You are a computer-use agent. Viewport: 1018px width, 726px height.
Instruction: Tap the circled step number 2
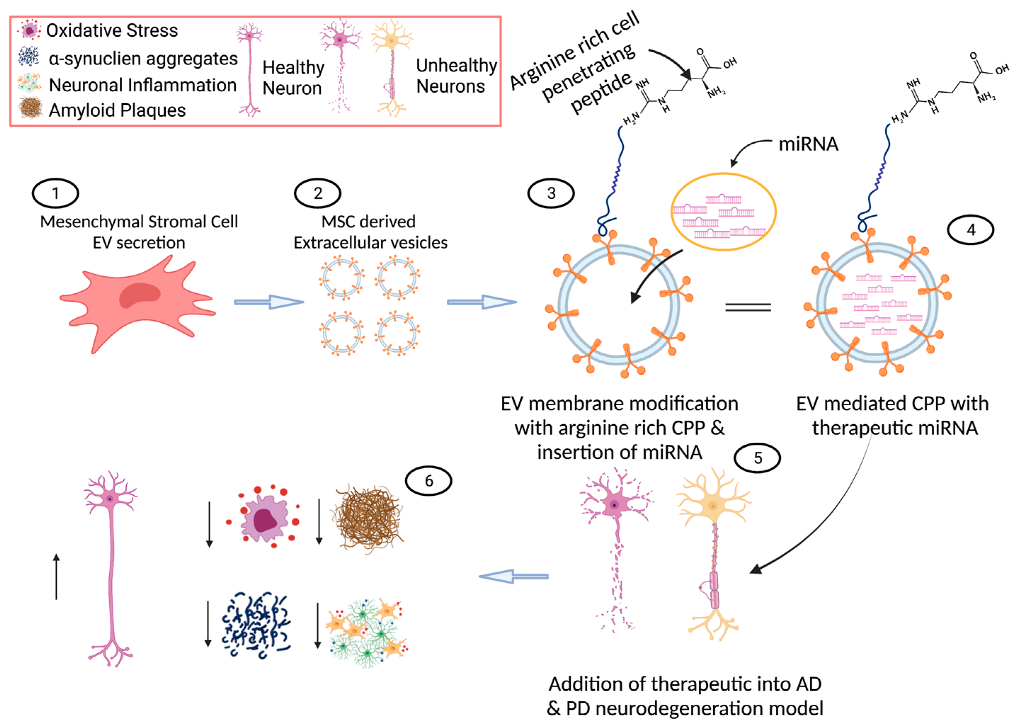(318, 193)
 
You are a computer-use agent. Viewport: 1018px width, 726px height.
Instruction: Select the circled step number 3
(551, 193)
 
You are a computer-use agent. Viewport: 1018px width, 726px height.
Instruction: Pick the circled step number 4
(971, 230)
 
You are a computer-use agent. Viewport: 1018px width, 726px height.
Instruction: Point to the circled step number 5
(758, 458)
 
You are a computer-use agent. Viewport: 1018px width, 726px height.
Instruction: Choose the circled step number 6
(429, 480)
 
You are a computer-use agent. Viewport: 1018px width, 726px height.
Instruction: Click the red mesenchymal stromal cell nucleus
(139, 295)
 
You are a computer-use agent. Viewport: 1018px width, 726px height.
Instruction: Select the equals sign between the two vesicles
(748, 307)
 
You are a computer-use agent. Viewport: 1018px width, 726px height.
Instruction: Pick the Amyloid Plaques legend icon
(30, 109)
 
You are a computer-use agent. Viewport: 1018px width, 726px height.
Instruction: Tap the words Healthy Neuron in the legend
(293, 78)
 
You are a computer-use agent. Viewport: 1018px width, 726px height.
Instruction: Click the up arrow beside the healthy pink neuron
(56, 576)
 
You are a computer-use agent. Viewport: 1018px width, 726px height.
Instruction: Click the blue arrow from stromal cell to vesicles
(269, 302)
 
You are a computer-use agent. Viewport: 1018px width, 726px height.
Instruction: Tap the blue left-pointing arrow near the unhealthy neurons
(514, 576)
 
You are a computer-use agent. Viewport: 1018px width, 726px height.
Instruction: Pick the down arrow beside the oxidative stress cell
(209, 524)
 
